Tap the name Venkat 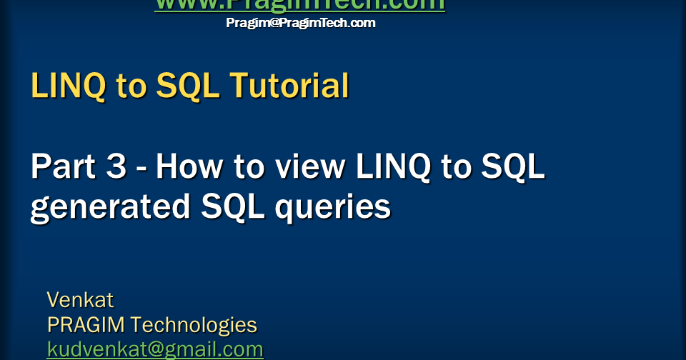[80, 299]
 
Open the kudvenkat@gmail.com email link [155, 349]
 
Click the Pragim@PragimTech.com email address [301, 23]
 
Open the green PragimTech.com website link [300, 5]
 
